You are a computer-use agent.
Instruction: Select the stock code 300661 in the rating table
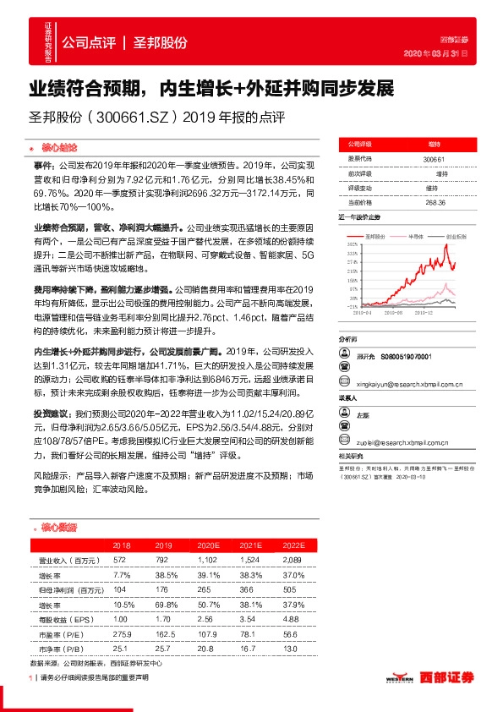tap(433, 159)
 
